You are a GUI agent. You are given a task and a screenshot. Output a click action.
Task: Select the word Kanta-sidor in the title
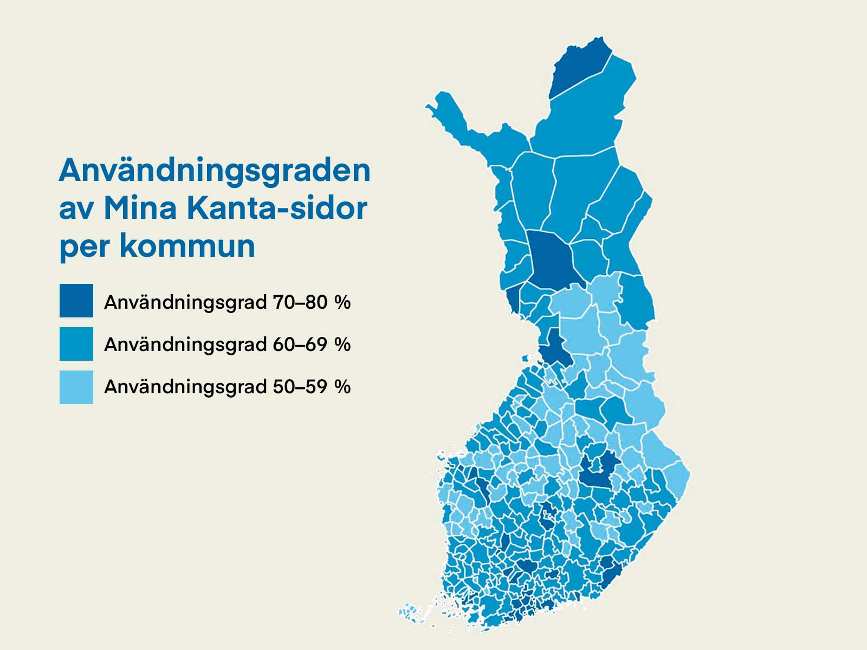click(x=277, y=208)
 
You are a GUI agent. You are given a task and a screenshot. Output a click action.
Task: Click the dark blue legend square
click(x=76, y=301)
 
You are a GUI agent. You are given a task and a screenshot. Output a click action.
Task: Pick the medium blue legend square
click(x=76, y=344)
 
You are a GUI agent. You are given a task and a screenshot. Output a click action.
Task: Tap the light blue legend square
click(x=76, y=387)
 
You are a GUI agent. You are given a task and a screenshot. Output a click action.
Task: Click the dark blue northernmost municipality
click(x=577, y=68)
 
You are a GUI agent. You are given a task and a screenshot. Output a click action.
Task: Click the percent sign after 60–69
click(x=342, y=344)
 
